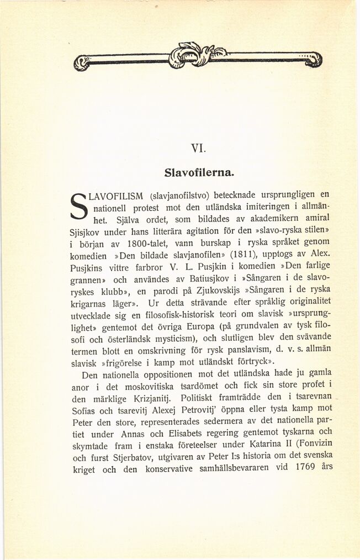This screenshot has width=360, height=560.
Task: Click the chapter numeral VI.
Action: pos(198,148)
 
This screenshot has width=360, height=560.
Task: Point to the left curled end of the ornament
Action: pos(82,62)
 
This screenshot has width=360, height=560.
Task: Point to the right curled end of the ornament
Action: pos(314,59)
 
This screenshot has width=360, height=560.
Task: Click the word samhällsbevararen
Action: pos(233,469)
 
